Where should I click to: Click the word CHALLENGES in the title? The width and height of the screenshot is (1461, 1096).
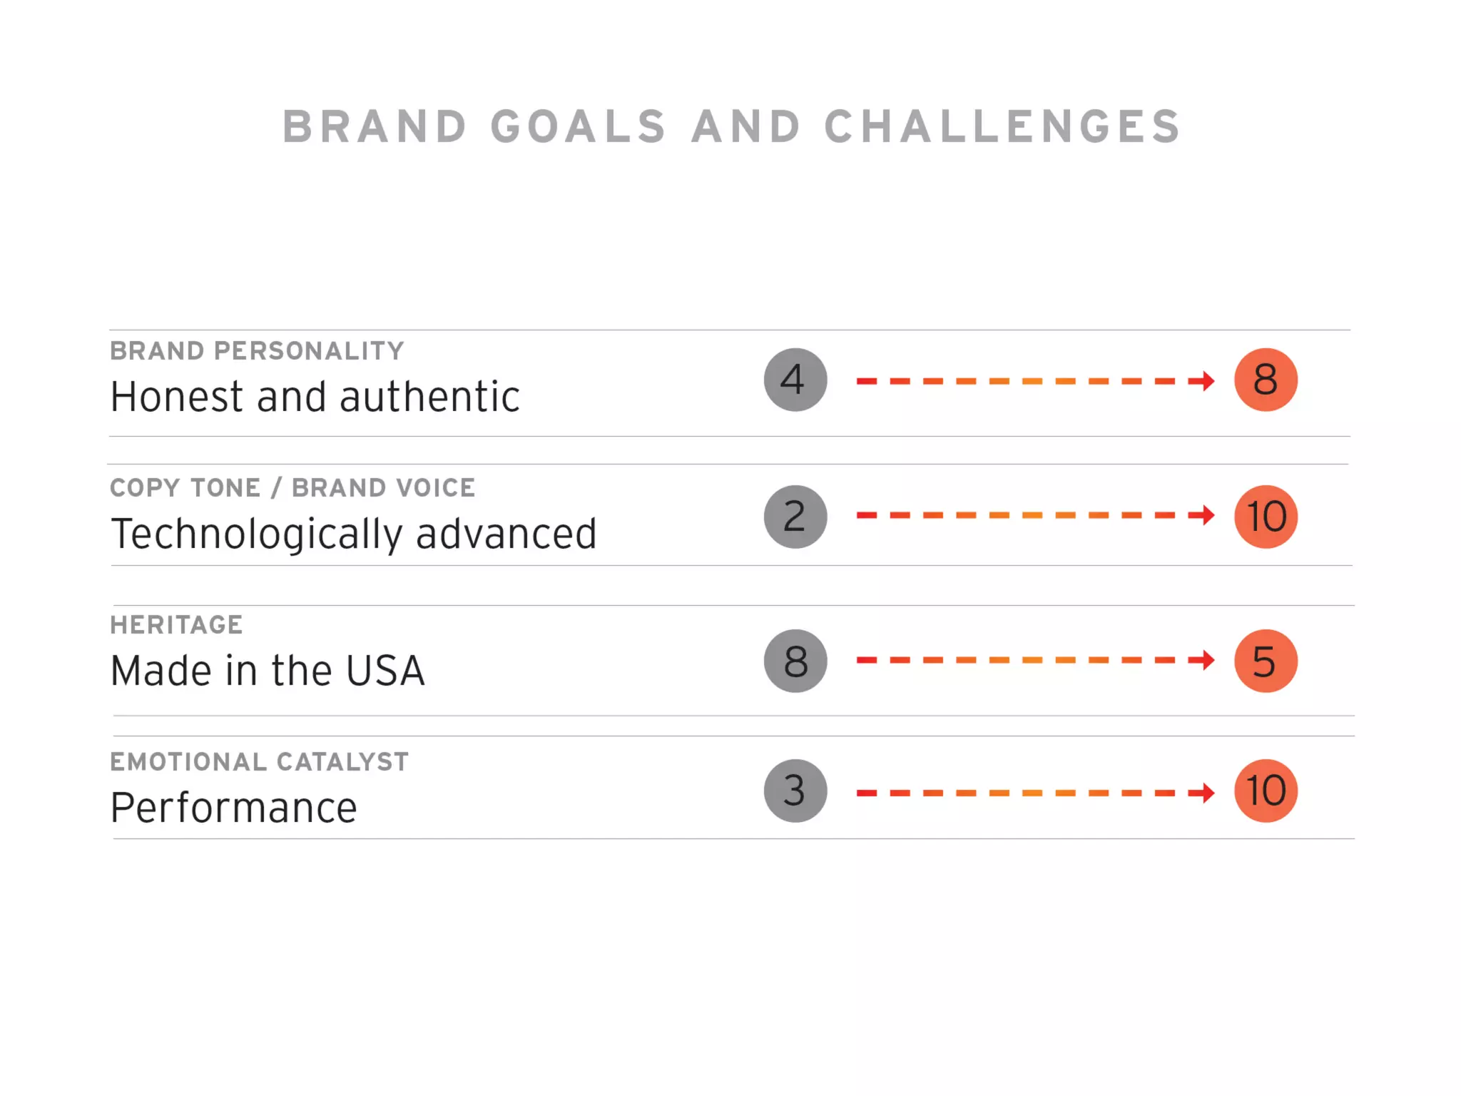[1002, 127]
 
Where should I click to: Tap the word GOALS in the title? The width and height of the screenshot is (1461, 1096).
[578, 127]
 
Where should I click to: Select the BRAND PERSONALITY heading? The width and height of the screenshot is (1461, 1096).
[257, 351]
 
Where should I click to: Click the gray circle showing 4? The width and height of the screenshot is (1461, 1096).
[795, 380]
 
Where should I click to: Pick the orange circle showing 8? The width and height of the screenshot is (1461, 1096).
[1266, 380]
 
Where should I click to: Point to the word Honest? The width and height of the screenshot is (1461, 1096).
[177, 397]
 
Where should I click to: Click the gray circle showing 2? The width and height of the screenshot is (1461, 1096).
[795, 517]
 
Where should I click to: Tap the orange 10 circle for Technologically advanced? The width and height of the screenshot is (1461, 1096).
[1266, 517]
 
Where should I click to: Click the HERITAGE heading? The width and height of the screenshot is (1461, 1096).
[176, 625]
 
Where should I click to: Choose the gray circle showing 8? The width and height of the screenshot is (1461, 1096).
[795, 661]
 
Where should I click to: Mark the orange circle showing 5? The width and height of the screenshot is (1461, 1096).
[1266, 661]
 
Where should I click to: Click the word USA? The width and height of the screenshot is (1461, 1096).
[385, 671]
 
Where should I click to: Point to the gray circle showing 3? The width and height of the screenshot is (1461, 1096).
[795, 791]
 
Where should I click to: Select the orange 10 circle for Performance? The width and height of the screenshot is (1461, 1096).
[1266, 791]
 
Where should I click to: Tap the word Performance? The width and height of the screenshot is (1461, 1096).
[234, 808]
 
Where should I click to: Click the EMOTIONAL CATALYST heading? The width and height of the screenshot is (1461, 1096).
[259, 762]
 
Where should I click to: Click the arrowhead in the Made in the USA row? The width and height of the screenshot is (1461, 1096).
[1206, 660]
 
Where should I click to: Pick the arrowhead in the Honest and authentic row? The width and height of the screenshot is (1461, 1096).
[1206, 381]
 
